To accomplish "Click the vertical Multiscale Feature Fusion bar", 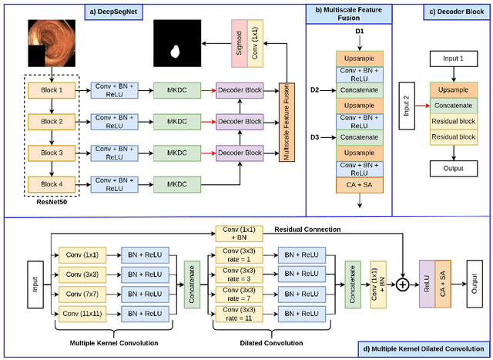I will (290, 120).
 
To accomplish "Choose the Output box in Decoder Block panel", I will (452, 167).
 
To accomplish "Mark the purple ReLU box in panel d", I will (426, 283).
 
